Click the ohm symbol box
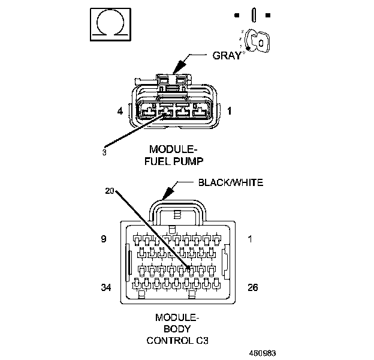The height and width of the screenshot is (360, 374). (x=109, y=25)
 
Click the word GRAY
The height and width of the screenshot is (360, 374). (x=227, y=56)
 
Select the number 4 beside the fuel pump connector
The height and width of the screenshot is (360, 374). (x=120, y=111)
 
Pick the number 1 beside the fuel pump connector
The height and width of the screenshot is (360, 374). (x=229, y=111)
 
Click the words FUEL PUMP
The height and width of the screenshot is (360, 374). (x=174, y=161)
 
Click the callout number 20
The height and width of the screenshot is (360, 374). (x=110, y=191)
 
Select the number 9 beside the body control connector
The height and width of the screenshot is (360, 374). (x=104, y=239)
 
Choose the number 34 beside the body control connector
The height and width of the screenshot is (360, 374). (x=106, y=288)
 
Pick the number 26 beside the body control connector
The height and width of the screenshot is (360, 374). (x=252, y=288)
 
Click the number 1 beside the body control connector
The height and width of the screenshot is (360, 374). (x=251, y=239)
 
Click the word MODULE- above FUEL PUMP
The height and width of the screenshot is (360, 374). (x=174, y=149)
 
